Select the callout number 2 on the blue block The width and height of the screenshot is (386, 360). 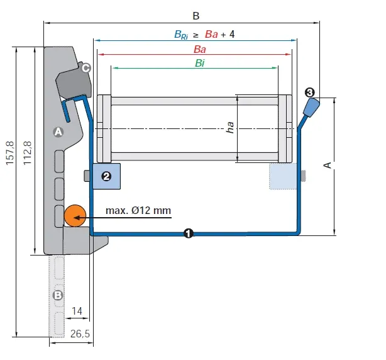(106, 177)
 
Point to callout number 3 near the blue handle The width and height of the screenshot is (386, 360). (310, 93)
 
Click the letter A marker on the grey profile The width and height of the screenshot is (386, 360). (58, 132)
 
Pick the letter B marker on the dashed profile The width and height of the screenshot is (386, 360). (58, 294)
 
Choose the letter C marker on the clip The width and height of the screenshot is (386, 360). (86, 68)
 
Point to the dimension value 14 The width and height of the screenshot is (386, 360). (77, 312)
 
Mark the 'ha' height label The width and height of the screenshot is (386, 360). (231, 128)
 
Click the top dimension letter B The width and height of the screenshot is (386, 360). (196, 14)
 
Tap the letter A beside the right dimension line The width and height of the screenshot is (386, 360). (326, 165)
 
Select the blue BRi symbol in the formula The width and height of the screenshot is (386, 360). (181, 35)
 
